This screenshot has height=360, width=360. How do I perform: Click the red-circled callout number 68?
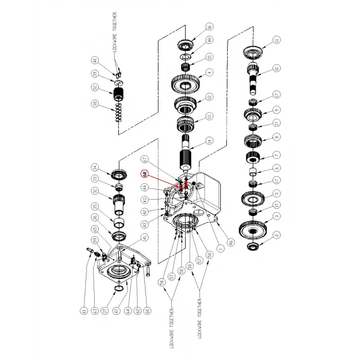(x=145, y=174)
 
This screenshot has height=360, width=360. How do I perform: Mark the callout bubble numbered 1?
(x=221, y=248)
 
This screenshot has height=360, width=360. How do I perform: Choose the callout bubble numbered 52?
(x=94, y=87)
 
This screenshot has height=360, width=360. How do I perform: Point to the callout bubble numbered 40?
(x=94, y=61)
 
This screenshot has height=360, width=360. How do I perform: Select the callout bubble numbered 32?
(x=94, y=192)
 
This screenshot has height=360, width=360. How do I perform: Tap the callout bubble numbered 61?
(x=83, y=310)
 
